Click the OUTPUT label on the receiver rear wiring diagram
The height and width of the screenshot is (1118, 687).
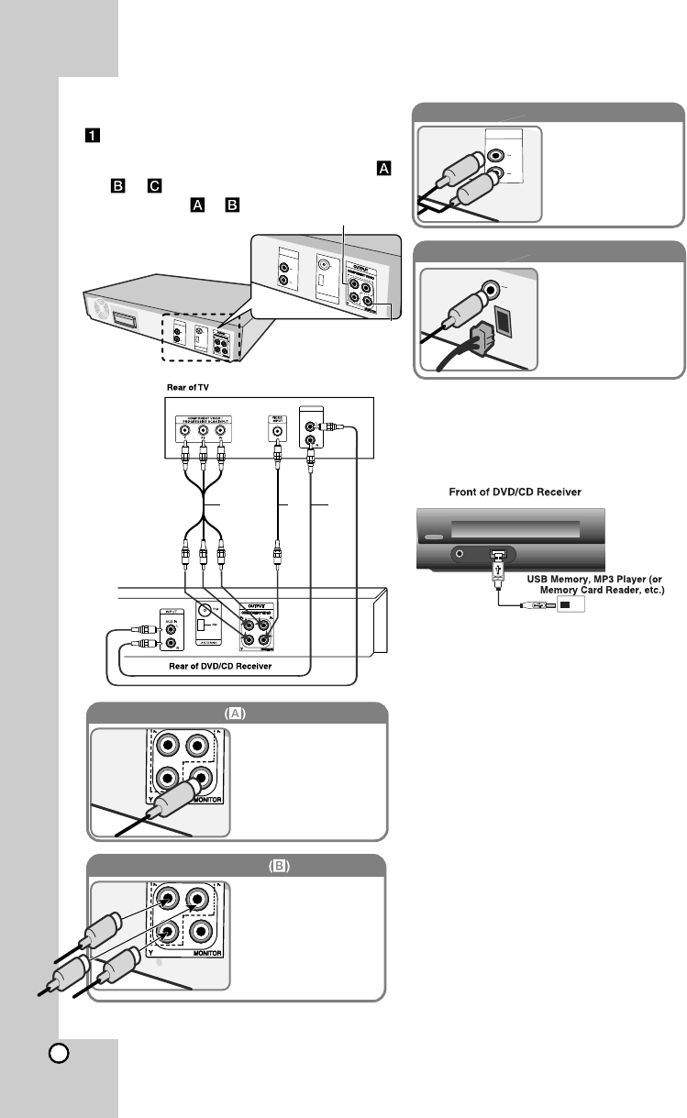[254, 607]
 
